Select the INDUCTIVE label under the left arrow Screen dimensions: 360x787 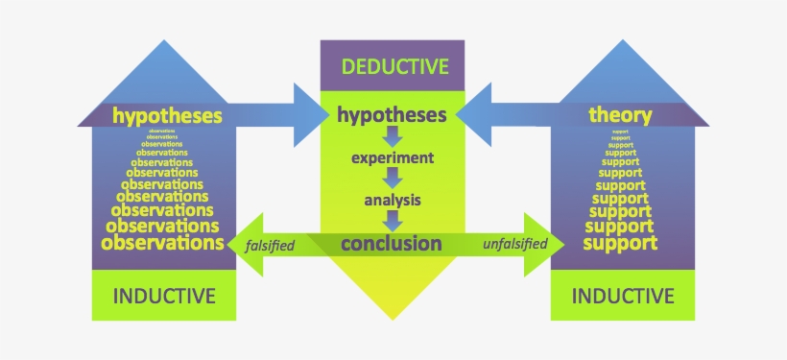163,295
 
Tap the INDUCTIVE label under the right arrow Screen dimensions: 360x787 622,295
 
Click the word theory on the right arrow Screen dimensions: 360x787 620,116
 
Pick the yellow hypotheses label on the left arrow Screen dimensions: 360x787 167,116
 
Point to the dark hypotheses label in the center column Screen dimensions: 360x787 392,115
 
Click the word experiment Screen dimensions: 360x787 392,156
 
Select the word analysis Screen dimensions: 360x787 392,201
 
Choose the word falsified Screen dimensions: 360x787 270,245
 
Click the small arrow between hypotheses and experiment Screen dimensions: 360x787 392,136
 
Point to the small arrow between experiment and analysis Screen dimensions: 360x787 392,179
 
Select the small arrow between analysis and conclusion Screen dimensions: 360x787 392,222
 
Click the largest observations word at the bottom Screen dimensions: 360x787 162,243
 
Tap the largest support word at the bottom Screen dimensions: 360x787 620,243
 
